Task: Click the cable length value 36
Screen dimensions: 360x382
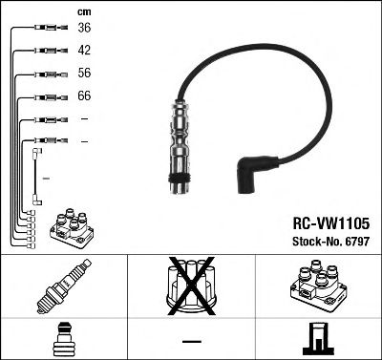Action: (84, 29)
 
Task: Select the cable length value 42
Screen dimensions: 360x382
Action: (84, 52)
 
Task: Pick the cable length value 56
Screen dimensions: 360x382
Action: (84, 74)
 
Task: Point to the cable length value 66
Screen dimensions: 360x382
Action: (84, 96)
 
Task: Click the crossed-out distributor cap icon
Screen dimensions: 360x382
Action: (191, 286)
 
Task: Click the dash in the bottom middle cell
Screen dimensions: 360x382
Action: (191, 341)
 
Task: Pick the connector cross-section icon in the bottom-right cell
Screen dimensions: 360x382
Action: (317, 338)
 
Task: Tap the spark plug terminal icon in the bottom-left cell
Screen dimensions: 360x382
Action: (62, 338)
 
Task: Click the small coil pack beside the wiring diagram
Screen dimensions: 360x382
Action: (71, 228)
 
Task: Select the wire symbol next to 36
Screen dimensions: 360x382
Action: (46, 29)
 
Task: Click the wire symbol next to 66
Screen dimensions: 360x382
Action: (46, 96)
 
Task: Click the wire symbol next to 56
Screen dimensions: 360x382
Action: (46, 74)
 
